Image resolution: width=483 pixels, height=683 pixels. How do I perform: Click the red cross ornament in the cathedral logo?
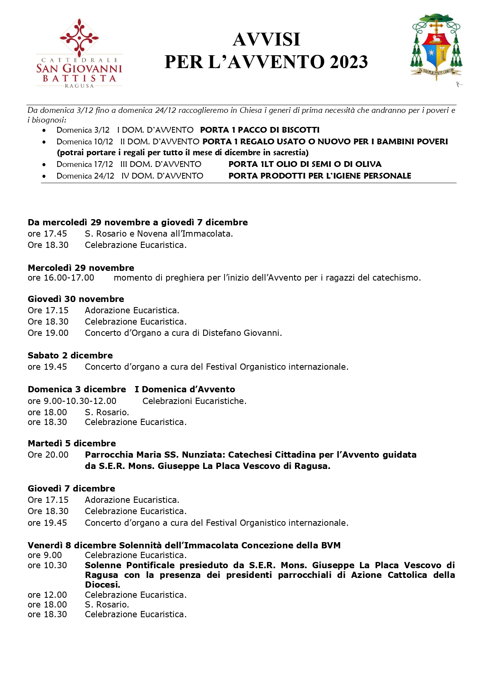79,37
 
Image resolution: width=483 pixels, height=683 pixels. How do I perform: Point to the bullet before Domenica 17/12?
44,165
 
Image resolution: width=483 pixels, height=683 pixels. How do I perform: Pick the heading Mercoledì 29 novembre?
81,268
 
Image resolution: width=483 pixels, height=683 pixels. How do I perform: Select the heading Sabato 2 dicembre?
70,355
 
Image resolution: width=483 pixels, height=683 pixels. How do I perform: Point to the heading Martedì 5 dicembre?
72,443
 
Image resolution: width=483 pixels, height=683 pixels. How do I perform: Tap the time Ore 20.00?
48,455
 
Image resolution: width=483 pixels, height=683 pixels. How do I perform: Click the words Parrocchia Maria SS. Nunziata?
155,455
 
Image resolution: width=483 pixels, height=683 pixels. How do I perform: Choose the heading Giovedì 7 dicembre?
71,488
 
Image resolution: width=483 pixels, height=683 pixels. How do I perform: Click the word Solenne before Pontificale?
103,565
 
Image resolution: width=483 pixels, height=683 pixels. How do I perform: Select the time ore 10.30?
47,565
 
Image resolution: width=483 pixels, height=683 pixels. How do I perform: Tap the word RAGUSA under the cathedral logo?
79,86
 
